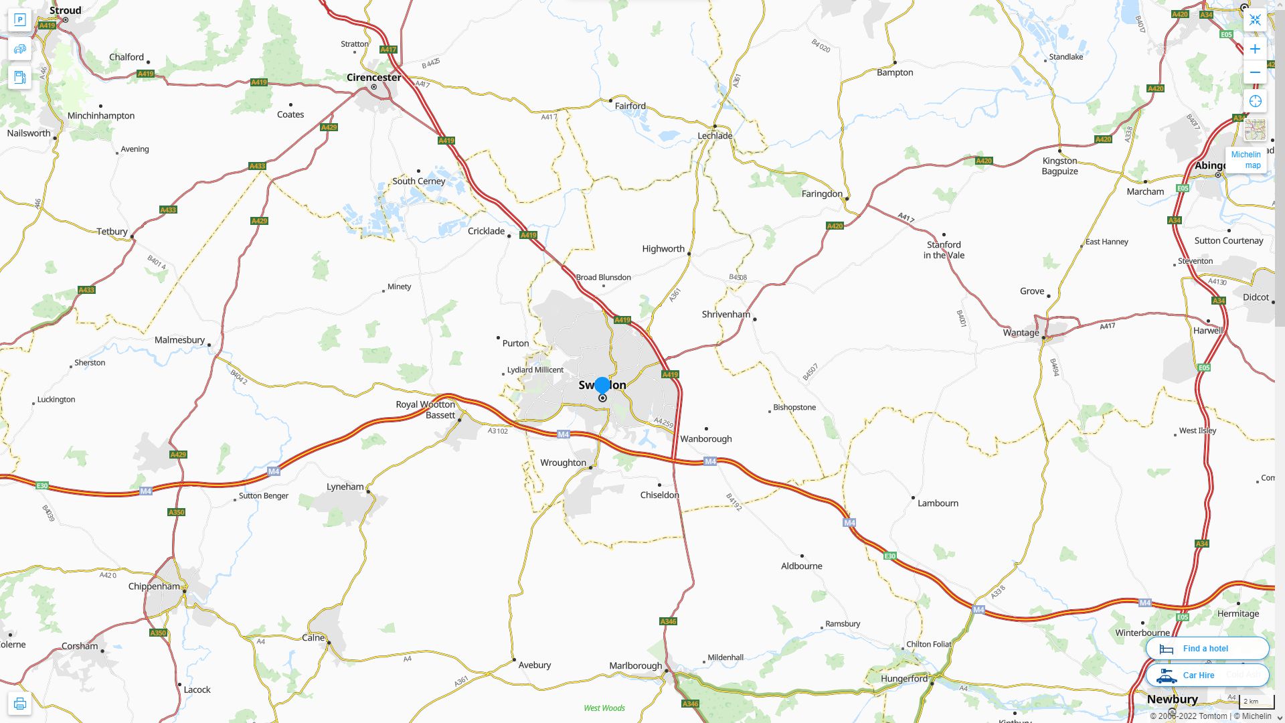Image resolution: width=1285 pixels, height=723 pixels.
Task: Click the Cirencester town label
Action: [x=373, y=78]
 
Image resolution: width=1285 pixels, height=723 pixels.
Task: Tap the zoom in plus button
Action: [x=1255, y=49]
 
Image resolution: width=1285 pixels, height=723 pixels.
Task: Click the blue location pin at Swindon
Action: [x=602, y=386]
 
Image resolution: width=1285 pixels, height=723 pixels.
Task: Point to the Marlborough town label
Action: [x=635, y=666]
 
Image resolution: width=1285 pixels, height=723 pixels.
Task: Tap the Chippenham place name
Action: [x=154, y=586]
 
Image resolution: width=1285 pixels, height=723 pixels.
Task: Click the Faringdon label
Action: [x=822, y=194]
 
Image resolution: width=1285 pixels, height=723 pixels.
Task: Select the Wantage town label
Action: [x=1021, y=333]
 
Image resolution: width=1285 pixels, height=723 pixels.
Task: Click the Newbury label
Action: [x=1172, y=700]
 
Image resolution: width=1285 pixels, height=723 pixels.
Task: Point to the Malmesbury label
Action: [x=179, y=340]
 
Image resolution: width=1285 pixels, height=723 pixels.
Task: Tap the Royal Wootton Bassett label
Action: [x=426, y=410]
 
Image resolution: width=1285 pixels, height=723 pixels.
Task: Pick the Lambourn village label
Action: [x=938, y=503]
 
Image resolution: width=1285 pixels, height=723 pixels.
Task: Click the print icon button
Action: [x=19, y=704]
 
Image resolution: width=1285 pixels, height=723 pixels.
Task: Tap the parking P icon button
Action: [x=19, y=20]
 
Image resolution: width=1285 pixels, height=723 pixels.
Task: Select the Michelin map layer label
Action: [x=1246, y=160]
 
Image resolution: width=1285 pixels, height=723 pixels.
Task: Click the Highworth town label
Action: [x=663, y=249]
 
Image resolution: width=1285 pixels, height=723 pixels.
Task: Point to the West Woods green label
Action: [x=604, y=708]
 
